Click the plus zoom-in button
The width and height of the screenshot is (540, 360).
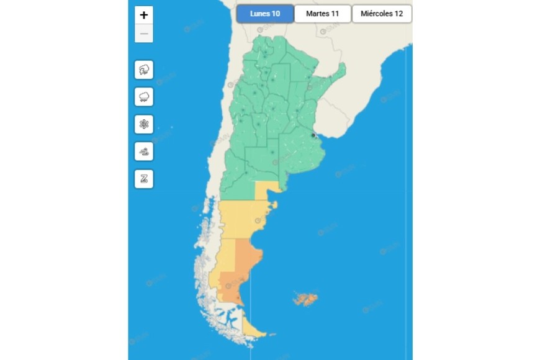tap(144, 15)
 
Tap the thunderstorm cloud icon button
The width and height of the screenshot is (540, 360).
tap(144, 70)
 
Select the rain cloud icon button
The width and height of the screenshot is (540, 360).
tap(144, 97)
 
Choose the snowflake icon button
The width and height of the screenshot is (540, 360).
tap(144, 124)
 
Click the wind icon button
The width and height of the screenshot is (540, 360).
tap(144, 151)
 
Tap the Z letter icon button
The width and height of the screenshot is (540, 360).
tap(144, 179)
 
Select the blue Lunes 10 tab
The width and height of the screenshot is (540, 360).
tap(265, 14)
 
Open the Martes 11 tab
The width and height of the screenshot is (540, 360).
tap(323, 14)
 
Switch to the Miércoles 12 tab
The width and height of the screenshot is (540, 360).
tap(382, 14)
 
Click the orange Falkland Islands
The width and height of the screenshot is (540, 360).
tap(305, 300)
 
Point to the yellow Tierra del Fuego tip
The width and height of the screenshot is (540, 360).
tap(255, 330)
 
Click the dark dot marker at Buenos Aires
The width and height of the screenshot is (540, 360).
tap(313, 135)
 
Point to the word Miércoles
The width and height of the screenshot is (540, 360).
tap(375, 14)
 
